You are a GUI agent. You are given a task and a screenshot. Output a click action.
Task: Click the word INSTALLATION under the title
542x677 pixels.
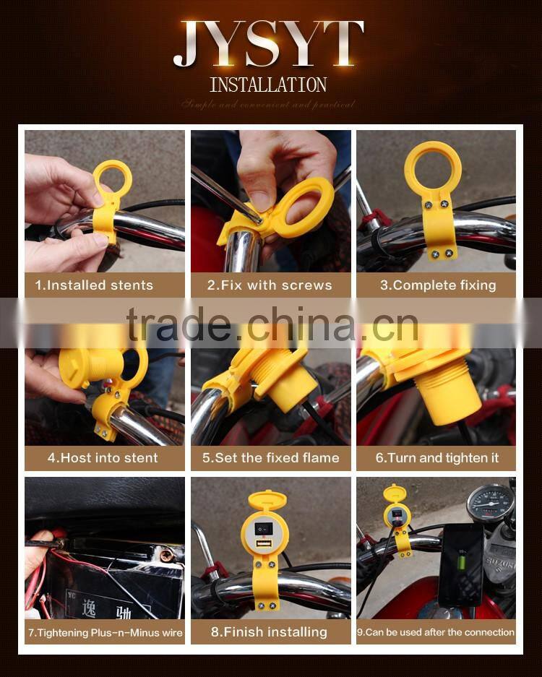pos(268,85)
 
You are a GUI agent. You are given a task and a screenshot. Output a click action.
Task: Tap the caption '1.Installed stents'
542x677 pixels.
pos(94,285)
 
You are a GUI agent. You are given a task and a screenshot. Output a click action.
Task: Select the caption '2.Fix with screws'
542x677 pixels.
pos(270,285)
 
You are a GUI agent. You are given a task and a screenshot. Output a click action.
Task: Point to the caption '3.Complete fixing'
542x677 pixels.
pos(438,285)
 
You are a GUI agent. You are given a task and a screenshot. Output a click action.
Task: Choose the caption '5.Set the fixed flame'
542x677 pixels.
pos(270,457)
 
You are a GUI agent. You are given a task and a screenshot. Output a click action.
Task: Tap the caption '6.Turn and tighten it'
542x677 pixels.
pos(437,457)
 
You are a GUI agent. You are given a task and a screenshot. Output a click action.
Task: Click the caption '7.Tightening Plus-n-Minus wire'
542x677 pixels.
pos(106,632)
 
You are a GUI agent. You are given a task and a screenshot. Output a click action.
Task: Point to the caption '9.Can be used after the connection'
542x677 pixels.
pos(436,632)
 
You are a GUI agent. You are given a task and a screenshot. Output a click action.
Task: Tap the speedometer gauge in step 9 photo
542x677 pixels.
pos(490,503)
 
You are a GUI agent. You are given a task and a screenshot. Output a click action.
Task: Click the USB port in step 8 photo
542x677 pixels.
pos(260,543)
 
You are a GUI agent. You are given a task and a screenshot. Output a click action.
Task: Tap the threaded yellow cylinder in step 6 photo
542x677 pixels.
pos(449,397)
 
